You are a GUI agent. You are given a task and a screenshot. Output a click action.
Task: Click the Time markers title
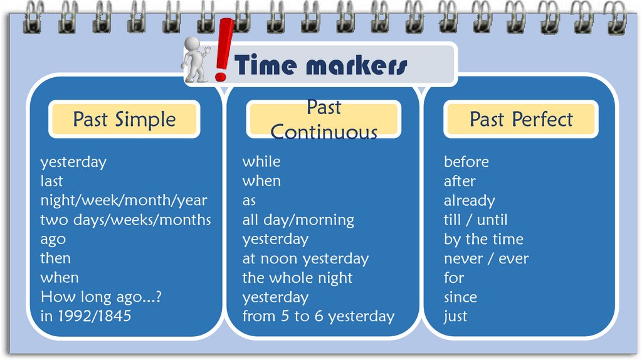[320, 65]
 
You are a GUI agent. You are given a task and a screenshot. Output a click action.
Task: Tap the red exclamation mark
[222, 50]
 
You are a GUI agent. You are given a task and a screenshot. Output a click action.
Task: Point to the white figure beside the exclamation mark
[195, 60]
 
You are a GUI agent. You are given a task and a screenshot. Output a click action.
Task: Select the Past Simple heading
[124, 119]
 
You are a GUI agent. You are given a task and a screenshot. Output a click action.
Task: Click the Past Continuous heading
[324, 119]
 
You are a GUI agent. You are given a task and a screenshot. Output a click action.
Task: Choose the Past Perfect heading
[521, 119]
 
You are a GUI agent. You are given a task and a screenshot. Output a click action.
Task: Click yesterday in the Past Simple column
[73, 162]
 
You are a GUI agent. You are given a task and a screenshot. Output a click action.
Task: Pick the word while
[261, 162]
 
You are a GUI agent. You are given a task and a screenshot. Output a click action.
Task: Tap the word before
[466, 162]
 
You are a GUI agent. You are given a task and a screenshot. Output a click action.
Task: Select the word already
[469, 201]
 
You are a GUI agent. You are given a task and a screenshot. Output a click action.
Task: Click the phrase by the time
[483, 239]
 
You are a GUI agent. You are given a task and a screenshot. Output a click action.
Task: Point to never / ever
[486, 258]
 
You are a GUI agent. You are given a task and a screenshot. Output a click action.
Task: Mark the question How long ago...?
[101, 297]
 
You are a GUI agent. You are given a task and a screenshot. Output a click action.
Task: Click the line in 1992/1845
[86, 316]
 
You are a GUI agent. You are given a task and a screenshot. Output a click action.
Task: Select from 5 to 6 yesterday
[318, 316]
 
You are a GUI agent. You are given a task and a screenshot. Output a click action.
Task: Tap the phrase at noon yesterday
[305, 258]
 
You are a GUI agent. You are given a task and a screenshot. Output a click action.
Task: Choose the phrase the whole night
[297, 278]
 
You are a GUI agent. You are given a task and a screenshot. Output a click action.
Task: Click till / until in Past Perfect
[475, 220]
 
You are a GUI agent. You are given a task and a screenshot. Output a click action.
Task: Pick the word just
[455, 316]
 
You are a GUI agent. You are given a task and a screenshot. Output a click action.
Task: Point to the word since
[460, 297]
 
